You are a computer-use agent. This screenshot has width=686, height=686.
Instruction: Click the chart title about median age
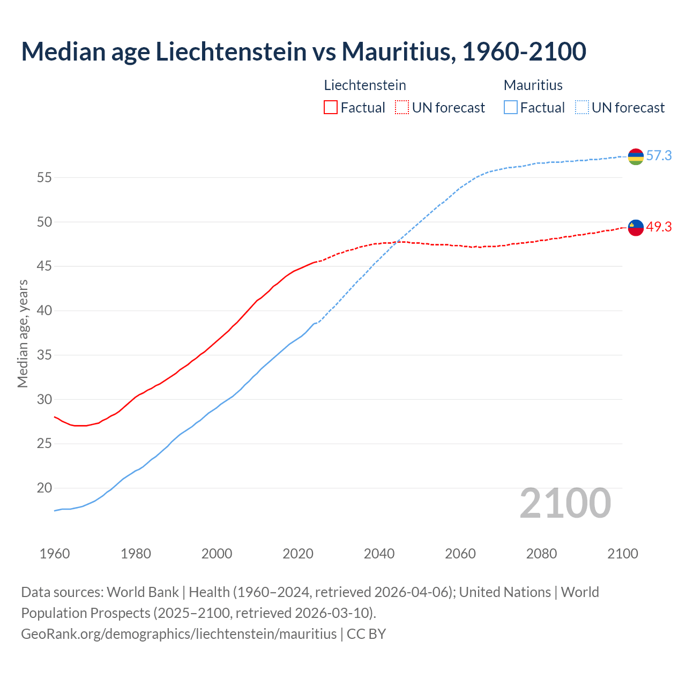pos(303,51)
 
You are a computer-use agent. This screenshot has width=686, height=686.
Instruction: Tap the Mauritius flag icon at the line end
pos(636,156)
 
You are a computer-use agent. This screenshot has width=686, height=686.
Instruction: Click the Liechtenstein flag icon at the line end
pos(636,228)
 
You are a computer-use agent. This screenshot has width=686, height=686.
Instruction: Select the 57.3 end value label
pos(659,156)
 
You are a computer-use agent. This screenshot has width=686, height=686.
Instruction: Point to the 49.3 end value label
pos(659,227)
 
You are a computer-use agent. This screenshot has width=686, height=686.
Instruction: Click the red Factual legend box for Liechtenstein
pos(331,108)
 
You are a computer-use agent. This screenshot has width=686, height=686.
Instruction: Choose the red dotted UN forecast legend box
pos(402,108)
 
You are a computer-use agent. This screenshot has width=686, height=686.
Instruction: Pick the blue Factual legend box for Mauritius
pos(511,108)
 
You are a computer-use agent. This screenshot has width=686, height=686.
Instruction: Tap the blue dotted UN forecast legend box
pos(582,108)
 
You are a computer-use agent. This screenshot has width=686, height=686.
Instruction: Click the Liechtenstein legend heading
pos(365,85)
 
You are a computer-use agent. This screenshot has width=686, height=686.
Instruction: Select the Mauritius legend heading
pos(533,85)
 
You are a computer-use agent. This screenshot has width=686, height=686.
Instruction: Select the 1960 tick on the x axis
pos(55,554)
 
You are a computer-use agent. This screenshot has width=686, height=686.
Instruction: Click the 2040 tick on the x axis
pos(379,554)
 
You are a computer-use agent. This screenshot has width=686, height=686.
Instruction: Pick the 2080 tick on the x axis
pos(541,554)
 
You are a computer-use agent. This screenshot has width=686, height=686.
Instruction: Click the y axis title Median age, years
pos(23,333)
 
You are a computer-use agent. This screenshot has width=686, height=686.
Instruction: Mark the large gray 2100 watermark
pos(565,503)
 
